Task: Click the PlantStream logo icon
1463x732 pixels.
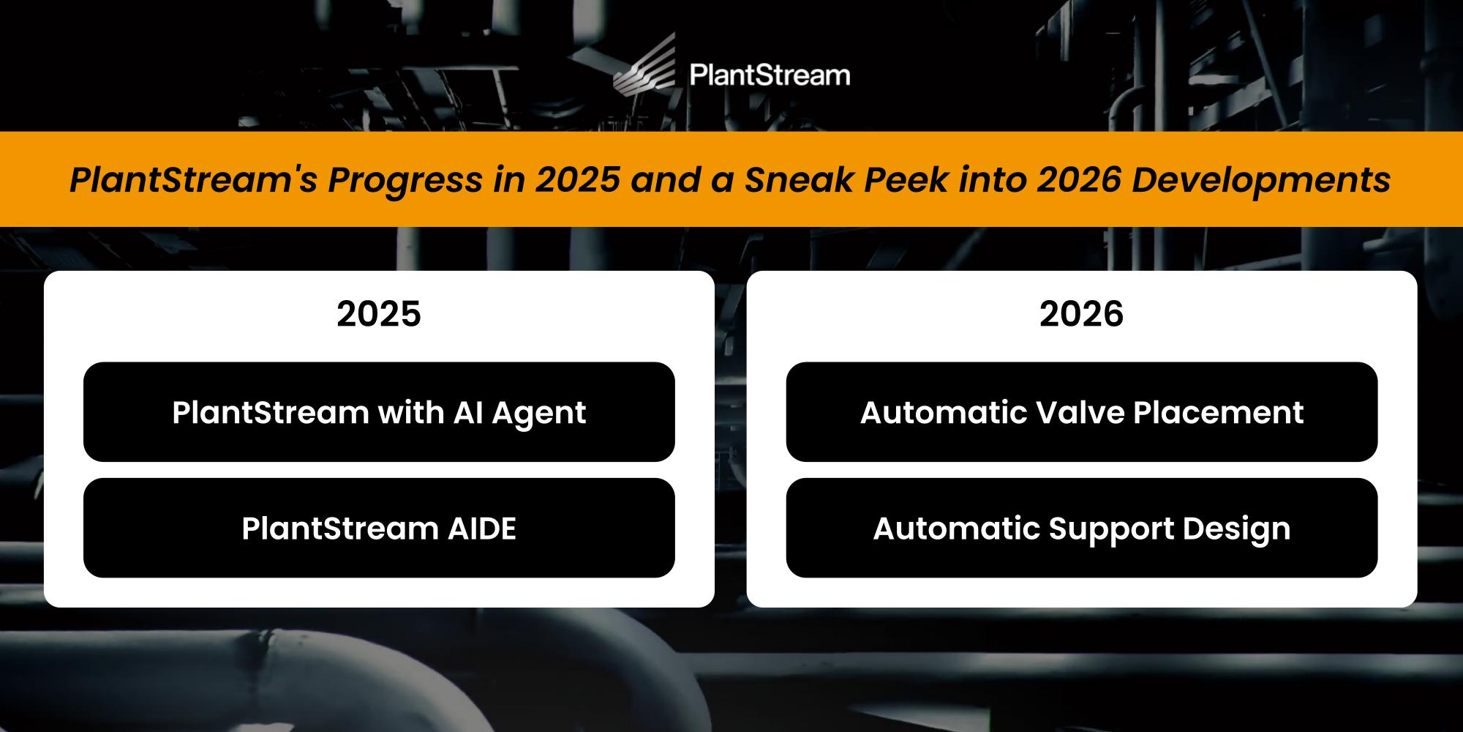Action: (x=645, y=64)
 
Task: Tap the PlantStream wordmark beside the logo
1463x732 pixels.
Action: (x=770, y=75)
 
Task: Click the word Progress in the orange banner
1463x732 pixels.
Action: (x=405, y=180)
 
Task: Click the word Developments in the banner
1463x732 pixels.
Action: (x=1261, y=180)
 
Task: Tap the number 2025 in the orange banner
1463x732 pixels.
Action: (x=578, y=179)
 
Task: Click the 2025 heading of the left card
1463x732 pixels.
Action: (x=379, y=313)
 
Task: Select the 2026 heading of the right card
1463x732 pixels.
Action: (x=1082, y=313)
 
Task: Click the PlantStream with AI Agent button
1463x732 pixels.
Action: (x=379, y=411)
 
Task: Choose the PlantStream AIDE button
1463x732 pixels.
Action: (x=379, y=528)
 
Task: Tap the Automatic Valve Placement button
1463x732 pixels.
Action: (x=1082, y=411)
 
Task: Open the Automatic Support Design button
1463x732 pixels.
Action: (x=1082, y=528)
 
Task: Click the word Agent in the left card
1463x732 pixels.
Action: (x=539, y=414)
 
